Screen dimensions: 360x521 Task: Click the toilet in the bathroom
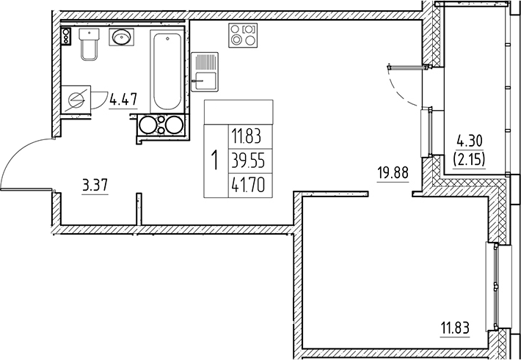[x=89, y=46]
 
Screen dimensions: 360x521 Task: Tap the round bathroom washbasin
[x=120, y=36]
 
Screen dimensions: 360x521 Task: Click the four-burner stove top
[x=243, y=35]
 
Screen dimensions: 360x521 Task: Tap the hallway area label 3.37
[x=95, y=185]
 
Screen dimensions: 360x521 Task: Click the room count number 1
[x=214, y=159]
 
